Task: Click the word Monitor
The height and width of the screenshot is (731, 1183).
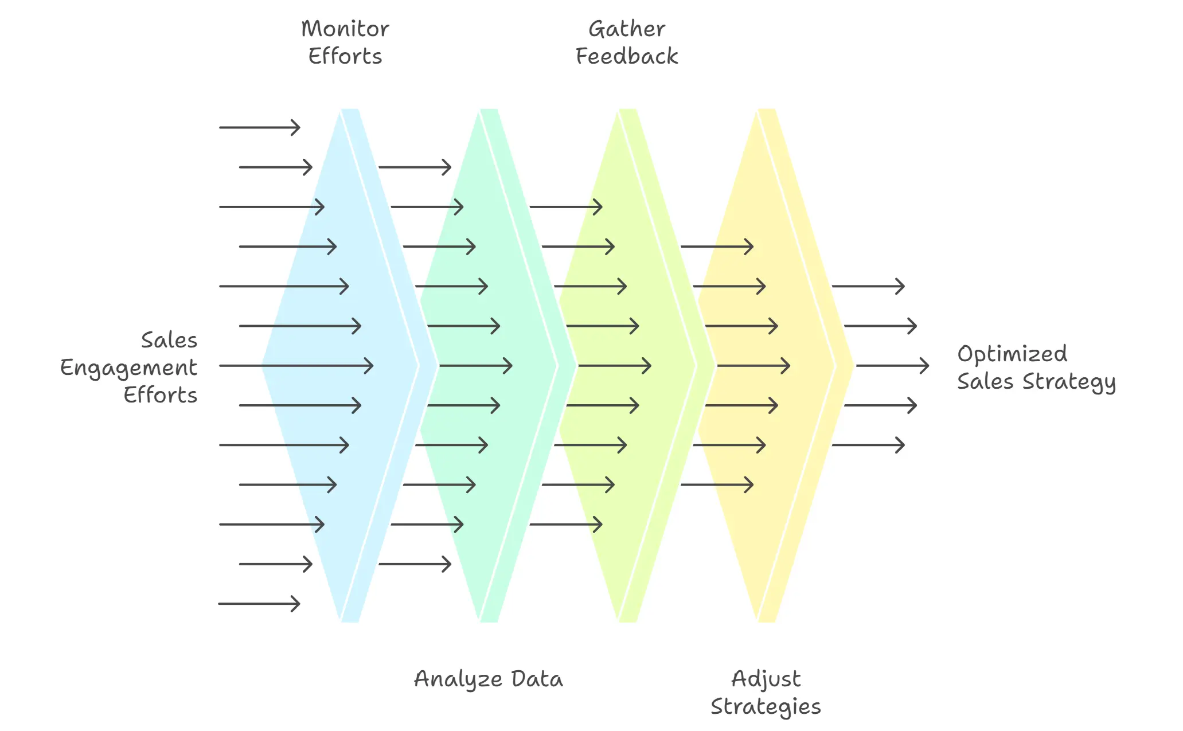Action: point(345,29)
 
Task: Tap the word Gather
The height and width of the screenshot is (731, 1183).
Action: point(626,29)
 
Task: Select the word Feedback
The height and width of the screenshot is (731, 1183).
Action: point(626,56)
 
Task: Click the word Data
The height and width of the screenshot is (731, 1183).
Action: point(537,679)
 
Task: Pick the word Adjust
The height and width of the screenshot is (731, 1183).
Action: point(766,679)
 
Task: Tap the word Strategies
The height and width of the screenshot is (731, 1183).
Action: point(766,706)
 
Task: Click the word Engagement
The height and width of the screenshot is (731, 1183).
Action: point(128,368)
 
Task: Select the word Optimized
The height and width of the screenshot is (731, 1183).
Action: point(1012,354)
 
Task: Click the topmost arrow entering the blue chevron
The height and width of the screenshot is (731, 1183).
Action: point(259,127)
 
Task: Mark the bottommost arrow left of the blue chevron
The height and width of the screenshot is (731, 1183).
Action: point(259,603)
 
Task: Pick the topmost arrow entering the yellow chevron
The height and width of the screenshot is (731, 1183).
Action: point(717,247)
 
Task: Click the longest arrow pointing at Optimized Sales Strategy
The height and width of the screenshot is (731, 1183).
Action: point(892,365)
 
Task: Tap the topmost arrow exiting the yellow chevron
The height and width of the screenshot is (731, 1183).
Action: point(868,286)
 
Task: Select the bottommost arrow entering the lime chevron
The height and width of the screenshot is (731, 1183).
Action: point(565,524)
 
